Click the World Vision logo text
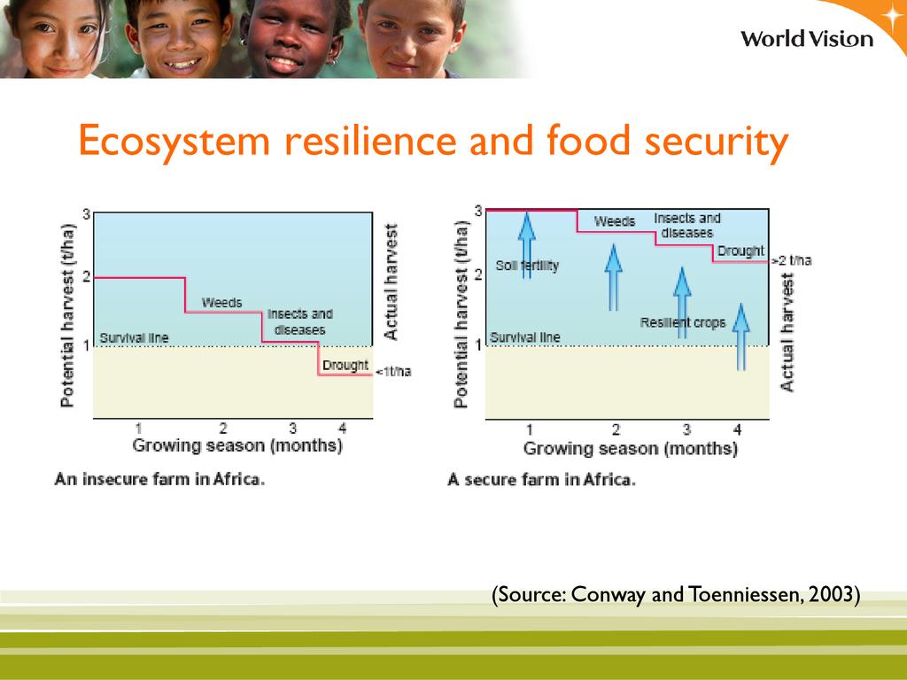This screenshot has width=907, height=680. (x=807, y=39)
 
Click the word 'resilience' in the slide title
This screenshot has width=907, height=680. (x=370, y=141)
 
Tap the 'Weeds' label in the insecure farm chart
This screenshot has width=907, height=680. (x=222, y=303)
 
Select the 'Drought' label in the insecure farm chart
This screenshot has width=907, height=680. (x=345, y=366)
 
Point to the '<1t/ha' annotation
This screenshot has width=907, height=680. (x=393, y=371)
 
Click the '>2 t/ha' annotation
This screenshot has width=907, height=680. (x=792, y=261)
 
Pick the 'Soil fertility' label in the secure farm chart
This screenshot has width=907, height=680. (x=528, y=266)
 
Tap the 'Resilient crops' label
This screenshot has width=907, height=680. (x=683, y=322)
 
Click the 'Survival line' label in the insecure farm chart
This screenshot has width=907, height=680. (x=135, y=337)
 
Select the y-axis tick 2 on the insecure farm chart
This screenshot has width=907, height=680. (x=87, y=277)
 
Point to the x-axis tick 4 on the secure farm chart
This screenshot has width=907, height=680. (x=737, y=429)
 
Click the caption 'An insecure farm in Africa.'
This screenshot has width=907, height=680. (x=159, y=479)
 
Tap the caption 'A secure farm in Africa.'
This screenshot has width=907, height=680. (x=541, y=480)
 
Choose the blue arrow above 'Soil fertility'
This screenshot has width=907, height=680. (x=526, y=245)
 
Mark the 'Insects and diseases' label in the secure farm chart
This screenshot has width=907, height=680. (x=687, y=226)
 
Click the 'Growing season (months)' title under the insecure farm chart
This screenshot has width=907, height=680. (x=237, y=446)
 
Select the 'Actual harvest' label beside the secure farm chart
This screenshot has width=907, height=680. (x=787, y=333)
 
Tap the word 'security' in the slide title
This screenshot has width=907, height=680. (x=717, y=142)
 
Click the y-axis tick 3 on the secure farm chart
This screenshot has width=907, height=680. (x=478, y=211)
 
